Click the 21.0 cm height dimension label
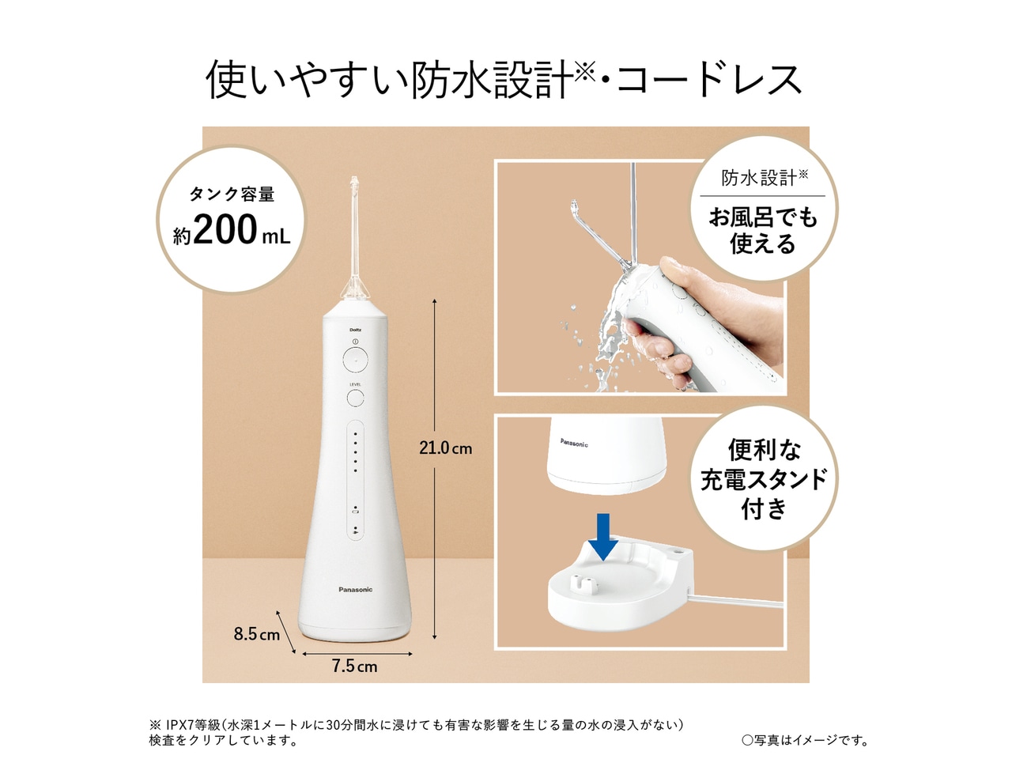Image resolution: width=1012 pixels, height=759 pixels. pyautogui.click(x=445, y=448)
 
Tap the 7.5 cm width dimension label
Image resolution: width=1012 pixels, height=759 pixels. pyautogui.click(x=354, y=666)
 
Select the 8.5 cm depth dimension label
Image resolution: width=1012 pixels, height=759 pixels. pyautogui.click(x=256, y=634)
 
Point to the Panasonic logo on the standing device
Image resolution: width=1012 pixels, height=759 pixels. pyautogui.click(x=355, y=590)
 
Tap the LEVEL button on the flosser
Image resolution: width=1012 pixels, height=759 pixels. pyautogui.click(x=355, y=397)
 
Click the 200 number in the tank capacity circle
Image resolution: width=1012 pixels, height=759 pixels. pyautogui.click(x=225, y=230)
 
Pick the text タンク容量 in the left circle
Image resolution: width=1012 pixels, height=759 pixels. pyautogui.click(x=231, y=194)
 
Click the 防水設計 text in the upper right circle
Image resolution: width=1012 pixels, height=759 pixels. pyautogui.click(x=758, y=178)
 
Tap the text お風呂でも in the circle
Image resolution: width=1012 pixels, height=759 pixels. pyautogui.click(x=763, y=217)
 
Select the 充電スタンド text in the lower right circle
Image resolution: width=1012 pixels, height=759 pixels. pyautogui.click(x=764, y=479)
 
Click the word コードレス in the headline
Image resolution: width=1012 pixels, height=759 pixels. pyautogui.click(x=709, y=80)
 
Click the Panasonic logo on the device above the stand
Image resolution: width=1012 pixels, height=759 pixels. pyautogui.click(x=574, y=444)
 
